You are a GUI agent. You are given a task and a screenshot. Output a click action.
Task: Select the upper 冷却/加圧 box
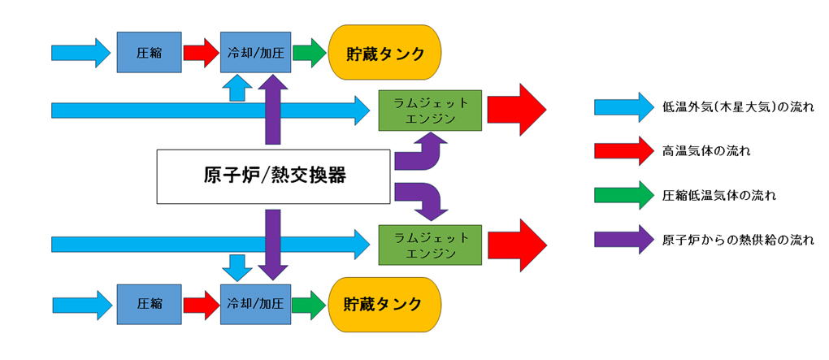point(255,53)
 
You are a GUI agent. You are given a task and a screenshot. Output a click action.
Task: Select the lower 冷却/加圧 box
point(255,305)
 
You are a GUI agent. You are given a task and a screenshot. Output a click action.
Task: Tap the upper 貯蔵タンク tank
point(384,53)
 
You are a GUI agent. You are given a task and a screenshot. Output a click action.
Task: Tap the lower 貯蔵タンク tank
point(384,305)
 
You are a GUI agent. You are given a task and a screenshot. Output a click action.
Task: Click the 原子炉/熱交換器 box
point(275,176)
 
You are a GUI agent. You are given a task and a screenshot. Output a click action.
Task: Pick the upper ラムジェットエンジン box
point(430,109)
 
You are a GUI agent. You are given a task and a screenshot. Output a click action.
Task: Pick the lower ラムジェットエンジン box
point(430,243)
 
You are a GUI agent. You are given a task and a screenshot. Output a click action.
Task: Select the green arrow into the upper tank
point(309,53)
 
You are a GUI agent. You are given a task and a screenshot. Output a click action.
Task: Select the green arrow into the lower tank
point(309,305)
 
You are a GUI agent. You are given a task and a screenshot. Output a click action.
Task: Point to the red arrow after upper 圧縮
point(200,53)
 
